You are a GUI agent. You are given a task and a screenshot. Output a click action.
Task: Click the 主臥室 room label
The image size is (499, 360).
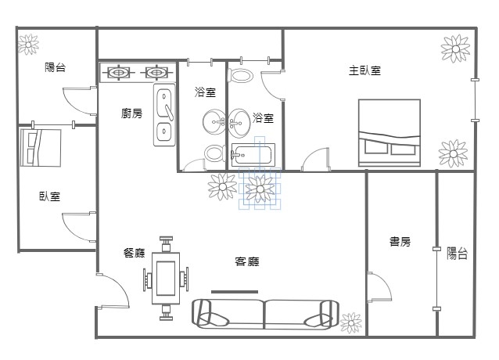point(364,70)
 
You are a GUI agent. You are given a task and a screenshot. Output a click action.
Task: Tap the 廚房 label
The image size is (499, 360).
point(131,113)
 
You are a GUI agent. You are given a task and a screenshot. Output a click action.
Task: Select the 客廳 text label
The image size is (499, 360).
point(247,261)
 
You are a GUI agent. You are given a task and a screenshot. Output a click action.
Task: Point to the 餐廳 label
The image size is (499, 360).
point(135,253)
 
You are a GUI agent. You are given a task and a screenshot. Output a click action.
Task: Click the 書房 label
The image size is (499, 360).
point(400,241)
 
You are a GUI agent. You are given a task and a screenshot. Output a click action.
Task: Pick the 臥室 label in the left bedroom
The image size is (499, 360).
point(49,196)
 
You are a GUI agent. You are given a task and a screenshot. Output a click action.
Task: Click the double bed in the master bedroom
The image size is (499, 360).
point(390,133)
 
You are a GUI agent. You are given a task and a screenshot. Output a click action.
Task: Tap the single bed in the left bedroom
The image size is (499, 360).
point(41,147)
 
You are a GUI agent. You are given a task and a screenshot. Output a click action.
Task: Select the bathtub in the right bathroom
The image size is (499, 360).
point(253,155)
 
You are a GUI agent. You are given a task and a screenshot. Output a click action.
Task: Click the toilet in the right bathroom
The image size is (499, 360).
point(240,76)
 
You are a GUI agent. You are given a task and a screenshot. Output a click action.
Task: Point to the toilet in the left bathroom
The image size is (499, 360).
point(214,153)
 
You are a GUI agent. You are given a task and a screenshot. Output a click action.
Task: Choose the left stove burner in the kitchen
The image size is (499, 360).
point(118,73)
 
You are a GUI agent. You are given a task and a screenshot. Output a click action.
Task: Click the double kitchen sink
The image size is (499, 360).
point(164,114)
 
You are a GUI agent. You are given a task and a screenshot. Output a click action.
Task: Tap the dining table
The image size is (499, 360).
point(166,278)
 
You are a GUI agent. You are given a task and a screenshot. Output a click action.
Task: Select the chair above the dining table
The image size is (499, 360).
point(166,244)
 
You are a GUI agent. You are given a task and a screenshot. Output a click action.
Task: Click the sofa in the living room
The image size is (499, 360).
point(265,314)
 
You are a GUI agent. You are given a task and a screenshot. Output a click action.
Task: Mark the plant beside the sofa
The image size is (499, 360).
point(351,322)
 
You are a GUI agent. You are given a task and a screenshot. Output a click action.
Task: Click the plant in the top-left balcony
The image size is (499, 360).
point(28,45)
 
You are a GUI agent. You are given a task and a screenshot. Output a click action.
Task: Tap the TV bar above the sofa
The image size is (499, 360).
point(235,292)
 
